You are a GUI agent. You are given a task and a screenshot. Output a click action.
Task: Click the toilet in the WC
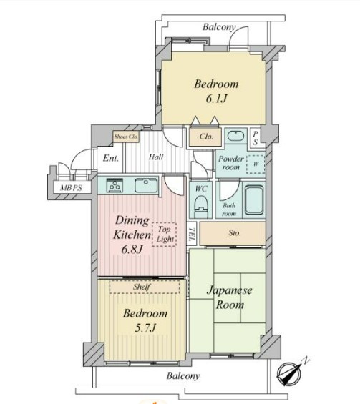(201, 207)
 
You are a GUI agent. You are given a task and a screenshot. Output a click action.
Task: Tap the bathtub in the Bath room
(254, 200)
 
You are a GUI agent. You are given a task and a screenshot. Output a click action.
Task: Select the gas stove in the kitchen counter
(115, 185)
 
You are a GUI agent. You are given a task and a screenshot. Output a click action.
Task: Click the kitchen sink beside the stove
(146, 185)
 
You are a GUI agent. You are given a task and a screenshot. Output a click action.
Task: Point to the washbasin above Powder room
(235, 136)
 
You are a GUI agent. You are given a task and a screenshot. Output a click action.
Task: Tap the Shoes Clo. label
(126, 137)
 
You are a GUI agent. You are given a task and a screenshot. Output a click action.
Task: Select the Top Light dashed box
(164, 235)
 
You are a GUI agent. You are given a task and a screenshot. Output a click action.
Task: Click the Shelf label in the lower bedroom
(142, 287)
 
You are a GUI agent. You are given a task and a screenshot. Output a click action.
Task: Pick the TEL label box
(191, 234)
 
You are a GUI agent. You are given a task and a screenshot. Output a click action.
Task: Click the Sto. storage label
(234, 233)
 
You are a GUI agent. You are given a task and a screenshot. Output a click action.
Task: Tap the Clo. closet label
(206, 137)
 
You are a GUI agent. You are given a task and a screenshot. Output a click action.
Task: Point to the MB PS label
(71, 188)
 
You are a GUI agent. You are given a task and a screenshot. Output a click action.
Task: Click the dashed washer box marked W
(256, 164)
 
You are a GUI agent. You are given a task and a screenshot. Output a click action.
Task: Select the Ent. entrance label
(111, 158)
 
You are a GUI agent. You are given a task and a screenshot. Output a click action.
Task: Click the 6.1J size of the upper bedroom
(216, 99)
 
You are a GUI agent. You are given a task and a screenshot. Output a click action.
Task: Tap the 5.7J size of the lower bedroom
(145, 328)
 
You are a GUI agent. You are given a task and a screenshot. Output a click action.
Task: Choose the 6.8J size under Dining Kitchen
(132, 250)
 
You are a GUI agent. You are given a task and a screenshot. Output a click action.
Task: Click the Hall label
(156, 157)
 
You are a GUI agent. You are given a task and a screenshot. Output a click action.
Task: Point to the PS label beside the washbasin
(255, 138)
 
